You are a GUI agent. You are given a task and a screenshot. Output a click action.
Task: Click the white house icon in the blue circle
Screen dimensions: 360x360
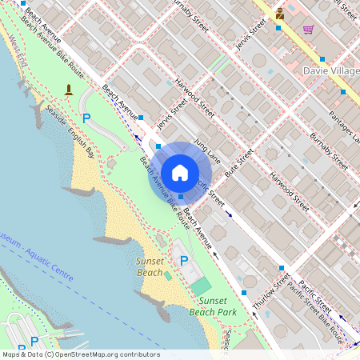point(180,172)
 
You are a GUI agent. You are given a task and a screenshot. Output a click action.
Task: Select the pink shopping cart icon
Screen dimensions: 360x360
point(308,30)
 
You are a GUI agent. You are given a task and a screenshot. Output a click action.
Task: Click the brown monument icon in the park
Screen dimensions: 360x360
point(69,89)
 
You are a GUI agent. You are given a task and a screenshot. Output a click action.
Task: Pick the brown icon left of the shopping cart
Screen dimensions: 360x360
point(280,14)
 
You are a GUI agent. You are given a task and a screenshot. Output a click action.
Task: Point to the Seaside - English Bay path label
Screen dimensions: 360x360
point(70,130)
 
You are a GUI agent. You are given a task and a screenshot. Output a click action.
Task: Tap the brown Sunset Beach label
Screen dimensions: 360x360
point(150,267)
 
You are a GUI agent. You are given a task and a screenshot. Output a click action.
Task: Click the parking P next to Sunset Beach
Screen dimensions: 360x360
point(184,261)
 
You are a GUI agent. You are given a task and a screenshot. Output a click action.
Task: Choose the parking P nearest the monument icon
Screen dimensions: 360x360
point(86,118)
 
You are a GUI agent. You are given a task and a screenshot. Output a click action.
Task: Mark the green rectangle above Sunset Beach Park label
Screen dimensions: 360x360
point(201,286)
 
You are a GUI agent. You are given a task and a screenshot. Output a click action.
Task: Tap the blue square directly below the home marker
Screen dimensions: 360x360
point(182,197)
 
